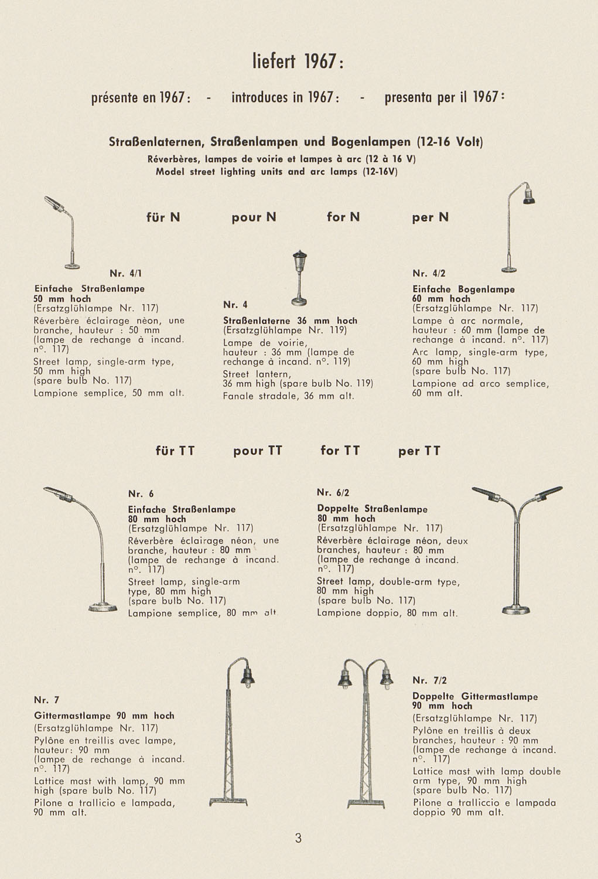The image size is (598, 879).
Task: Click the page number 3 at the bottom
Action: pyautogui.click(x=298, y=839)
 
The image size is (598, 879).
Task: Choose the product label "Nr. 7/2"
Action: pyautogui.click(x=429, y=680)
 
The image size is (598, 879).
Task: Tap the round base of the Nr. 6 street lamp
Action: pyautogui.click(x=103, y=609)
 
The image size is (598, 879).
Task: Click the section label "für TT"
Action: pyautogui.click(x=175, y=451)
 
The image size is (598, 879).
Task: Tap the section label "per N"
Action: pyautogui.click(x=430, y=217)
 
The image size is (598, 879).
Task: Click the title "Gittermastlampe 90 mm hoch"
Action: pyautogui.click(x=104, y=716)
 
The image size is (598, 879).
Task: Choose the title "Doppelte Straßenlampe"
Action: pyautogui.click(x=372, y=509)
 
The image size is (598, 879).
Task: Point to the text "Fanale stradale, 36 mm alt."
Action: pyautogui.click(x=289, y=396)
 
